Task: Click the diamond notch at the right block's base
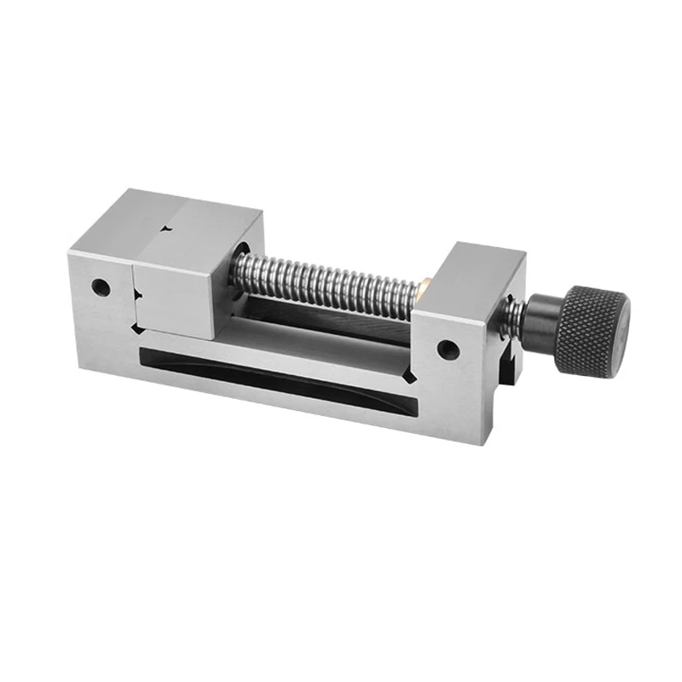[412, 376]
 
